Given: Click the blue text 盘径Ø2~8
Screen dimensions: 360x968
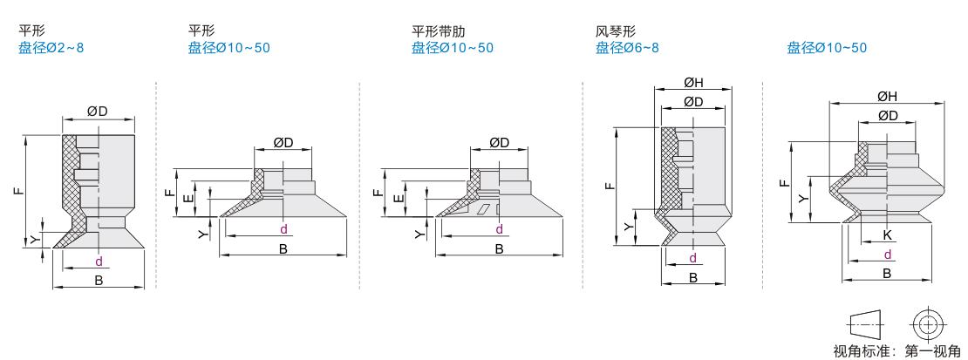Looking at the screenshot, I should click(x=51, y=47).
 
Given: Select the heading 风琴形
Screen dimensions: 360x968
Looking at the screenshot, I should click(x=614, y=30).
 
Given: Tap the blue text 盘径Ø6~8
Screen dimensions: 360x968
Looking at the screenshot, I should click(x=627, y=47).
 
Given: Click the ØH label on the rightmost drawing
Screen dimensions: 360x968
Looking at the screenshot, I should click(x=887, y=97).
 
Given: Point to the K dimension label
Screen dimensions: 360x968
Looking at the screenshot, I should click(x=886, y=235).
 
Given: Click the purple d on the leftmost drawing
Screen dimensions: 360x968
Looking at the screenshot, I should click(x=99, y=262).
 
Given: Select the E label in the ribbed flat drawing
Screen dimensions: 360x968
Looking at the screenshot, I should click(x=399, y=199).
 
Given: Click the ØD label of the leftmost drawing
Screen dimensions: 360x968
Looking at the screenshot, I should click(x=98, y=111).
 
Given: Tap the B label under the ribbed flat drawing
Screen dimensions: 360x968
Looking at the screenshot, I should click(x=499, y=249).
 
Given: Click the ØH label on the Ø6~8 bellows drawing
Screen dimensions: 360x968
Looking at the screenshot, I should click(x=693, y=83).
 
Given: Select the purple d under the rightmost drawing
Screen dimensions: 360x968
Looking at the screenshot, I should click(x=887, y=255).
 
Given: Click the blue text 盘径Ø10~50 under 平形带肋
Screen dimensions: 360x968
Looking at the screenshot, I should click(x=452, y=47).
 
